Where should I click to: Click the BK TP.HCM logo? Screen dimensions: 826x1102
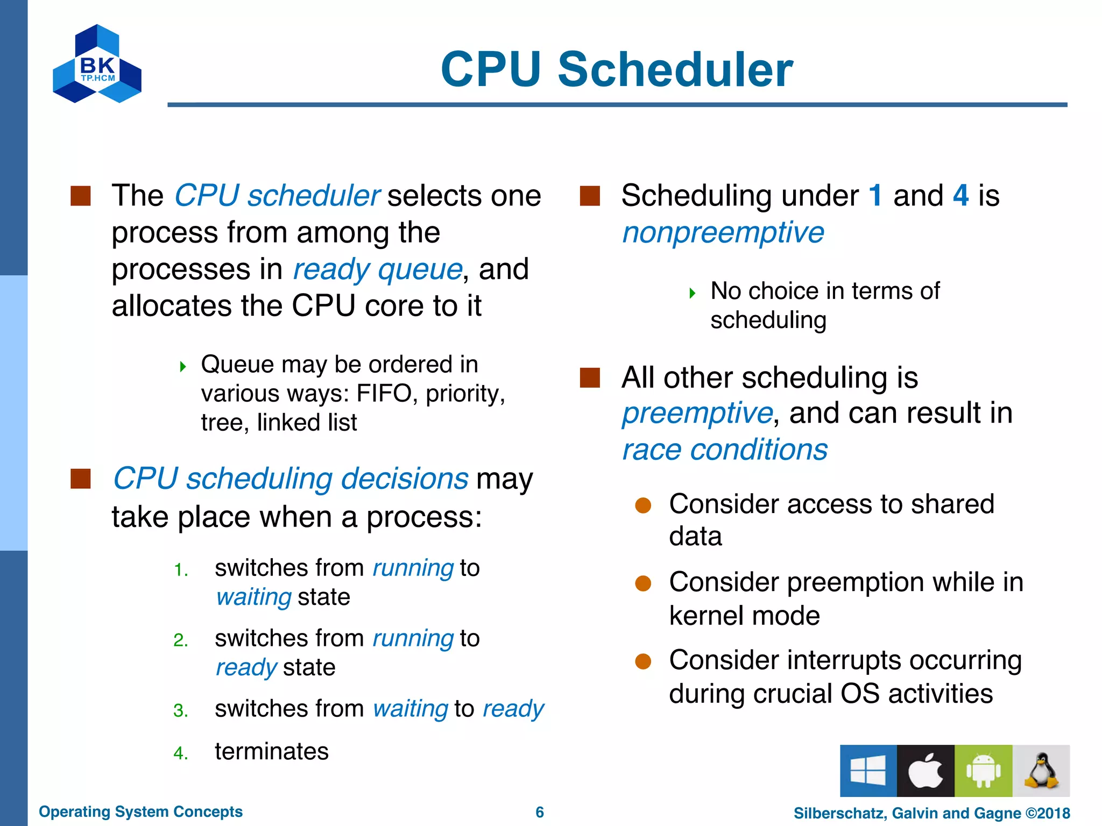tap(97, 65)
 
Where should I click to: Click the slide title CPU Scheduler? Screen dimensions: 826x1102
tap(617, 69)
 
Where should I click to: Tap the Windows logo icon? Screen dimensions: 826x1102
tap(868, 771)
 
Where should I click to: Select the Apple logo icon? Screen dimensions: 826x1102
tap(926, 771)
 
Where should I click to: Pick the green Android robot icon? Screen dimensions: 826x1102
tap(983, 771)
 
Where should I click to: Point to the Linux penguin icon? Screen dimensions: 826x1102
tap(1041, 771)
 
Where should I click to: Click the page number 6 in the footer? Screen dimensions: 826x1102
tap(540, 812)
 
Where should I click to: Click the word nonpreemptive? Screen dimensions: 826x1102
tap(723, 232)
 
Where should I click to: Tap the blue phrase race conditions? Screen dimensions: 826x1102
tap(725, 450)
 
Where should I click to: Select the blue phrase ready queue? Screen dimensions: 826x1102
tap(377, 269)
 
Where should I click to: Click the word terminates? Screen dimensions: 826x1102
tap(271, 751)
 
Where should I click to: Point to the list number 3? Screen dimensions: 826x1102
tap(180, 711)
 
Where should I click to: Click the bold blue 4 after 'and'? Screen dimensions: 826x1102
tap(960, 195)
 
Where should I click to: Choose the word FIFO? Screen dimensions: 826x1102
tap(384, 394)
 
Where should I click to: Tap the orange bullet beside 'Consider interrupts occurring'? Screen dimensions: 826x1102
tap(643, 661)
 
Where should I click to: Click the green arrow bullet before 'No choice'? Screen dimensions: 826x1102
tap(693, 293)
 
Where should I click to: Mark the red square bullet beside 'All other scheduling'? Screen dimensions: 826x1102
tap(590, 378)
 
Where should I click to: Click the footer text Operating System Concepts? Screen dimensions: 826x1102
tap(140, 811)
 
